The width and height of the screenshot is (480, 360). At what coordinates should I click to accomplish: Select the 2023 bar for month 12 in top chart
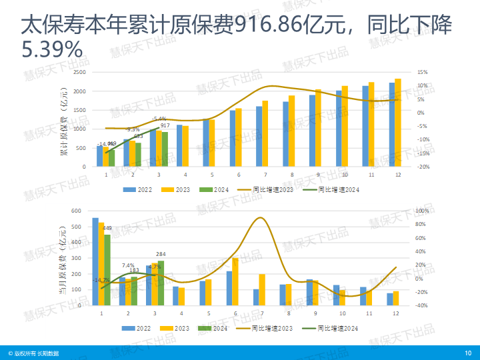(x=398, y=123)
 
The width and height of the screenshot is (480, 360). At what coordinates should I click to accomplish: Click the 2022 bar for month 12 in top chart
(x=392, y=125)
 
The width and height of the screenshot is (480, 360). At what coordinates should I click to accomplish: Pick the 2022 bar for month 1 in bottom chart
(x=95, y=261)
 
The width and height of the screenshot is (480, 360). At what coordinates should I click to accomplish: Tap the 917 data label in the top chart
(x=165, y=125)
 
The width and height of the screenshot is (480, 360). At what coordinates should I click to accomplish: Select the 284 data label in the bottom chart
(x=160, y=254)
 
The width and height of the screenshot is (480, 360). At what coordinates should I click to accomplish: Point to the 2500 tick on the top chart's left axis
(x=80, y=72)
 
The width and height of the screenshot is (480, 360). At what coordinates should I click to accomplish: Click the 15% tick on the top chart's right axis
(x=422, y=72)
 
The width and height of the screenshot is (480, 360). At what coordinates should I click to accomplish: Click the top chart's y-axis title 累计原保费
(x=65, y=123)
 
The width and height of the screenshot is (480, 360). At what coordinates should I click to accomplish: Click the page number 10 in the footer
(x=468, y=352)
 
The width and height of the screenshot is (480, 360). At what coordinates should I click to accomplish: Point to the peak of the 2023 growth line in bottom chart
(x=260, y=218)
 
